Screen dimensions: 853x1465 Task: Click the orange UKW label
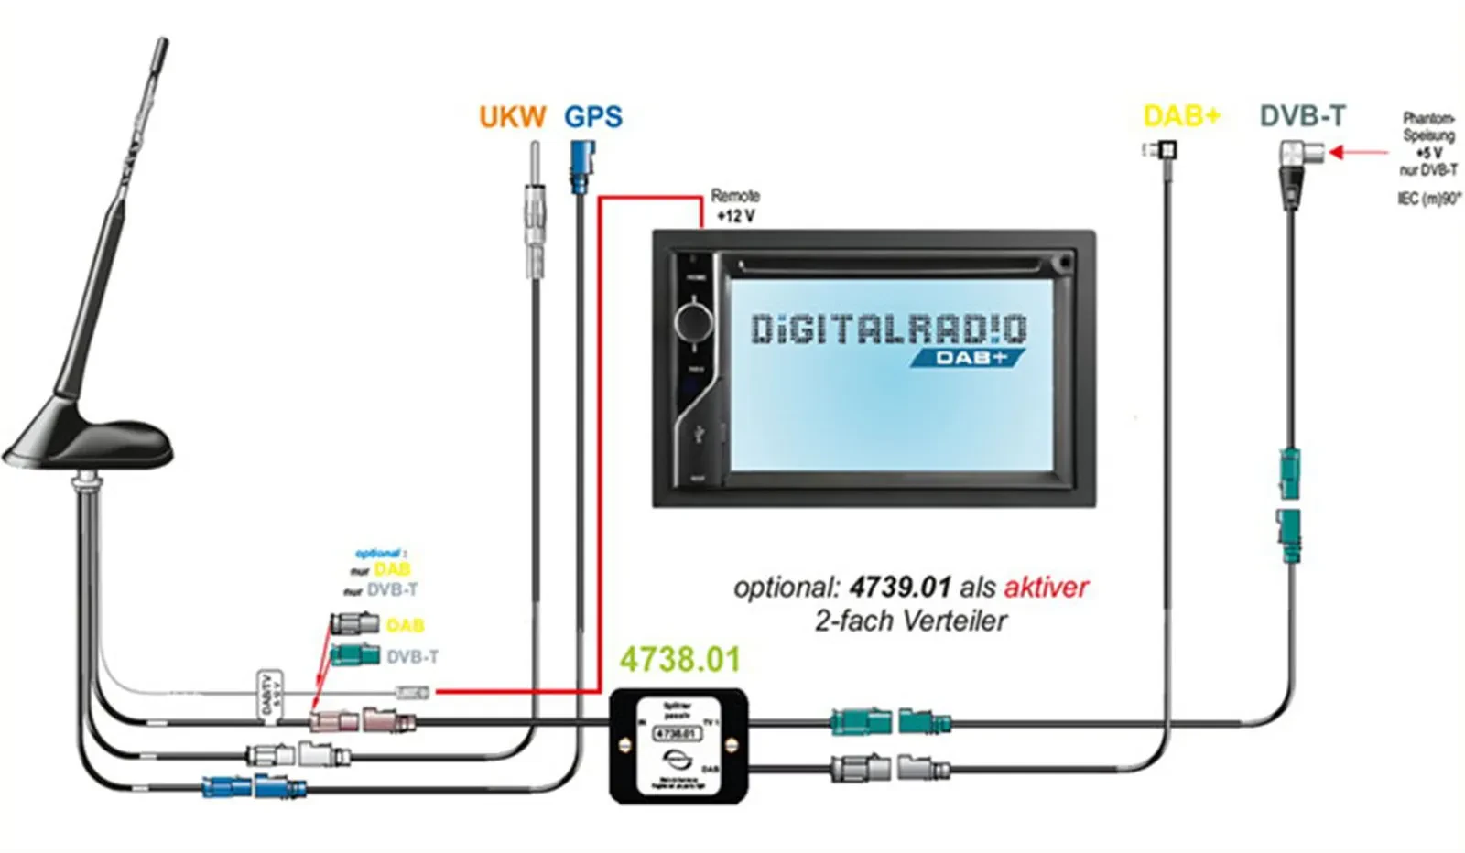pyautogui.click(x=512, y=117)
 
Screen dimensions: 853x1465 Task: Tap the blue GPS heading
pyautogui.click(x=592, y=117)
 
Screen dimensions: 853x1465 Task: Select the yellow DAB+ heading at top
pyautogui.click(x=1181, y=116)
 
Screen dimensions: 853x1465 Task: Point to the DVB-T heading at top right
pyautogui.click(x=1302, y=116)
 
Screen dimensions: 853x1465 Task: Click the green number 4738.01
pyautogui.click(x=679, y=659)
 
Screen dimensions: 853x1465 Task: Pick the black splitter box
pyautogui.click(x=678, y=747)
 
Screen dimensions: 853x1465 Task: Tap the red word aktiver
pyautogui.click(x=1046, y=587)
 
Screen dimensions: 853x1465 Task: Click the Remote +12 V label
pyautogui.click(x=735, y=206)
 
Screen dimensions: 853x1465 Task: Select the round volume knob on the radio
pyautogui.click(x=693, y=321)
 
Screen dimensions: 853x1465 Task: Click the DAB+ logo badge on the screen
pyautogui.click(x=969, y=357)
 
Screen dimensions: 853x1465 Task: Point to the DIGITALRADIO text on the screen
pyautogui.click(x=888, y=329)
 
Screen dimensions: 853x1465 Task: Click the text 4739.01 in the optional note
pyautogui.click(x=899, y=587)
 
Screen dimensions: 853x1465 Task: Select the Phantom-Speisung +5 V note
pyautogui.click(x=1428, y=144)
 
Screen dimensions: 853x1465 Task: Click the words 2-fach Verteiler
pyautogui.click(x=910, y=621)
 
